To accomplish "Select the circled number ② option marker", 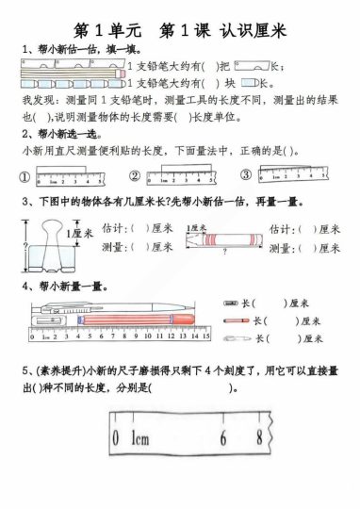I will [x=135, y=176].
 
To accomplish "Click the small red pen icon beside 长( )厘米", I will [x=234, y=320].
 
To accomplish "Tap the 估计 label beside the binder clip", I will [x=113, y=228].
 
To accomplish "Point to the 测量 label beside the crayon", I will [x=282, y=247].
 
